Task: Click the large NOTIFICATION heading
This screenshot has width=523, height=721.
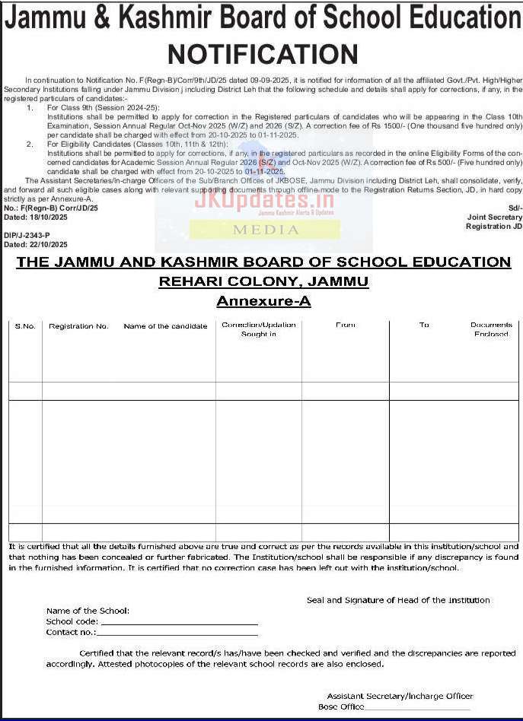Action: [x=262, y=54]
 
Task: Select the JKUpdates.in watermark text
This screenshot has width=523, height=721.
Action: [x=264, y=200]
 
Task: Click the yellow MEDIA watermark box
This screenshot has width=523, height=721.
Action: [x=265, y=229]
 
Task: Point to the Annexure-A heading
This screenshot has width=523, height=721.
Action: [x=263, y=301]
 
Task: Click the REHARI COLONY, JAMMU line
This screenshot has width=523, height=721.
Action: [x=263, y=281]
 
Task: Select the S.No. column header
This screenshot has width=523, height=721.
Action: [x=25, y=326]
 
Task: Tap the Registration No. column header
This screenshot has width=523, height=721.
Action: [x=78, y=326]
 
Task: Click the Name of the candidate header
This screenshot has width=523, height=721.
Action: [x=165, y=326]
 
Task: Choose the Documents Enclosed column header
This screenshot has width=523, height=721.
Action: [x=491, y=329]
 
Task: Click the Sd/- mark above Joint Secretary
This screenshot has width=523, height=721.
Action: [x=515, y=208]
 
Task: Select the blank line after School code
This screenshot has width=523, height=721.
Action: [x=179, y=623]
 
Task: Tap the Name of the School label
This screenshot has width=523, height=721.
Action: [x=88, y=611]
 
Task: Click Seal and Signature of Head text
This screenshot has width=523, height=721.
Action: [x=398, y=600]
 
